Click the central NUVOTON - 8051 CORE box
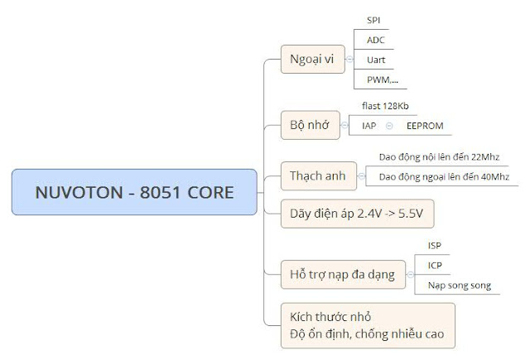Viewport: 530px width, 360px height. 134,192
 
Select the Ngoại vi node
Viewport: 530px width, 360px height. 312,59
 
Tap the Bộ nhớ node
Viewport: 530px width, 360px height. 310,125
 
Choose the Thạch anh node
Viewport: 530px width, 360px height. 317,175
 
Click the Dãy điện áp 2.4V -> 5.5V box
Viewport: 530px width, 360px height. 357,213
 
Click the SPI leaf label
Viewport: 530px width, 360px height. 374,19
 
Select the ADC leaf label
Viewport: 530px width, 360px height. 376,40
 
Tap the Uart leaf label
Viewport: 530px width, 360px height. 376,60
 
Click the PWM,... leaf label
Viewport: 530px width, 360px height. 382,79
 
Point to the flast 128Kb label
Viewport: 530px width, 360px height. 385,105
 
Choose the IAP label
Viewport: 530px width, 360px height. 369,125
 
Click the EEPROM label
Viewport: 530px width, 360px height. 425,125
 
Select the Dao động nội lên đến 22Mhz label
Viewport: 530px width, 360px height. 439,156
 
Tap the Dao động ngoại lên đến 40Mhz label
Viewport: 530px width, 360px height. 443,176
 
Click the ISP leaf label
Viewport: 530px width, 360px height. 435,245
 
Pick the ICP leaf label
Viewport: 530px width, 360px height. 435,265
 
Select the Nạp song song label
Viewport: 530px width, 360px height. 459,286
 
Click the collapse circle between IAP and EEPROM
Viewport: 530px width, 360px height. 389,125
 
